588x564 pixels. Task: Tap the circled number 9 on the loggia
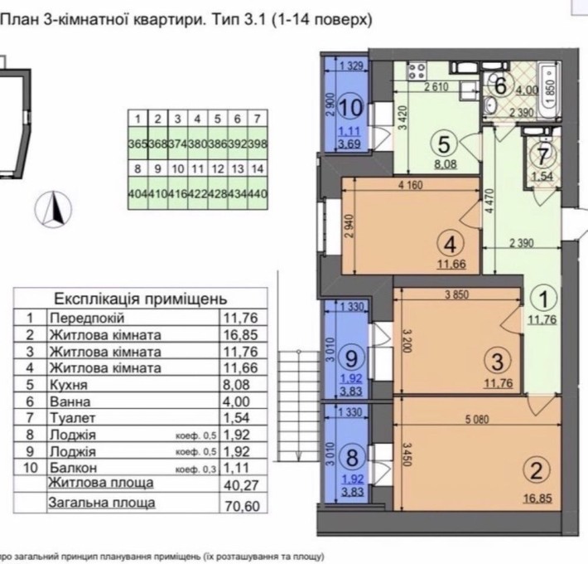(x=350, y=358)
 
